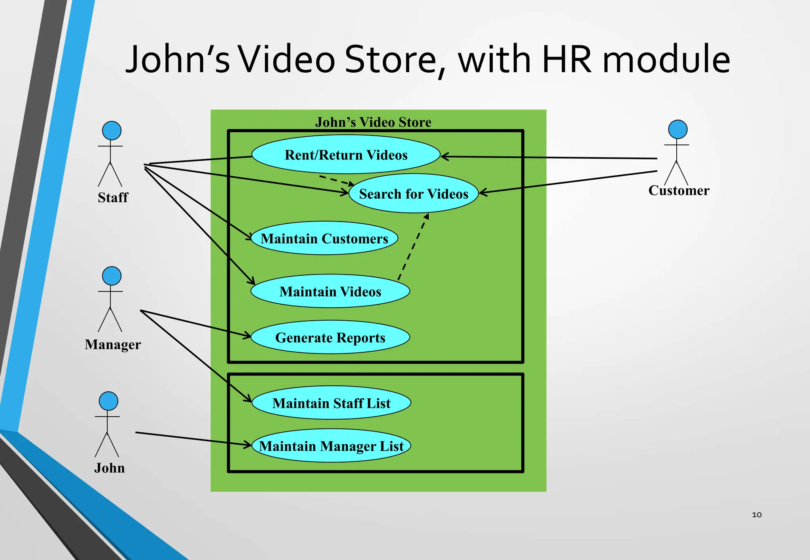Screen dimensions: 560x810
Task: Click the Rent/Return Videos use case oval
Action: pos(346,154)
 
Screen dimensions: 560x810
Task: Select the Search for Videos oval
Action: pos(413,194)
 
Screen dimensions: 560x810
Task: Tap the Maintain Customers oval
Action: pos(324,238)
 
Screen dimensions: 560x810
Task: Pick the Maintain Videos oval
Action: pos(330,291)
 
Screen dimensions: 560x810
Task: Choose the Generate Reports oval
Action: pos(330,337)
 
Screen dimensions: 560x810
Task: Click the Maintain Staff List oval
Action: pos(331,403)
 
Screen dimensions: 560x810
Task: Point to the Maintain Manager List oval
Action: pos(331,445)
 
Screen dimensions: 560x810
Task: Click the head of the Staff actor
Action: pos(112,131)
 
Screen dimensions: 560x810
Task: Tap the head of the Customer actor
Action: pos(678,130)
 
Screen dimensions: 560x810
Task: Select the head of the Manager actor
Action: pos(112,276)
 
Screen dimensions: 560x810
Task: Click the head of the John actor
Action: pos(108,401)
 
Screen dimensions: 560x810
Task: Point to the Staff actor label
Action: pos(113,197)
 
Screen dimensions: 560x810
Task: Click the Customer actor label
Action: pos(679,190)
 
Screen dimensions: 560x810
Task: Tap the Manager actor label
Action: pos(113,344)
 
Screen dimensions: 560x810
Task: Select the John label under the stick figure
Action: pos(110,468)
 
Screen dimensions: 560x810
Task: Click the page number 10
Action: pos(757,515)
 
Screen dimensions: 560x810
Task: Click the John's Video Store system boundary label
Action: pos(373,122)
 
